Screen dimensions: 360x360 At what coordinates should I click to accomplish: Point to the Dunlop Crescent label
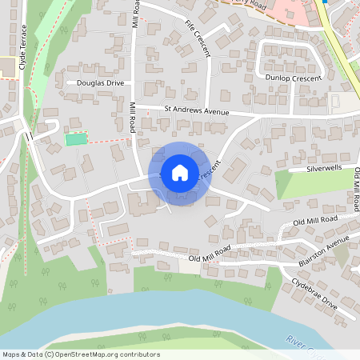click(x=293, y=78)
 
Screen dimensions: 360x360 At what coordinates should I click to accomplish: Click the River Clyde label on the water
click(x=303, y=342)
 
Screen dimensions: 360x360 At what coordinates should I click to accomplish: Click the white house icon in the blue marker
click(x=180, y=173)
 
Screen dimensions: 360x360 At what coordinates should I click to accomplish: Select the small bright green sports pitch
click(x=75, y=139)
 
